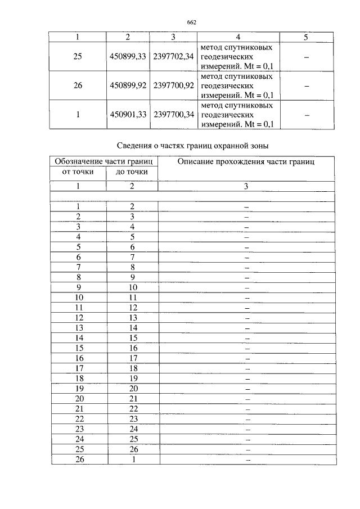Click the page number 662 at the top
point(191,22)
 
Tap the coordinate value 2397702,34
point(174,57)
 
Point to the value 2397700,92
point(174,86)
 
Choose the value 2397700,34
point(174,115)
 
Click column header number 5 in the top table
point(305,37)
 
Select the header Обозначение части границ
point(104,162)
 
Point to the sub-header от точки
point(78,172)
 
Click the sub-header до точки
point(132,172)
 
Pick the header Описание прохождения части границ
point(246,162)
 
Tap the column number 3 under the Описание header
point(246,186)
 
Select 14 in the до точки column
point(133,327)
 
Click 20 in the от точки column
point(79,389)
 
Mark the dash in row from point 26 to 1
point(246,460)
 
